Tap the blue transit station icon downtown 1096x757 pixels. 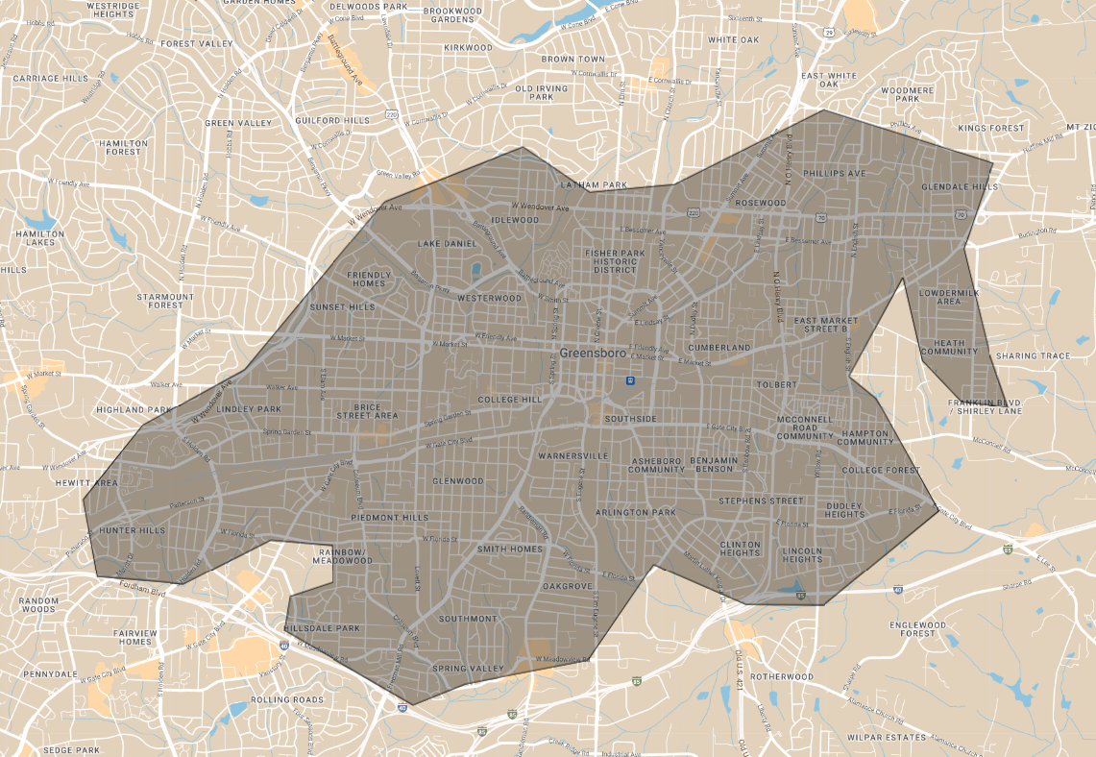point(629,379)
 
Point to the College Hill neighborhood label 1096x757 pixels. point(510,400)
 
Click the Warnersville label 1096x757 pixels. point(573,454)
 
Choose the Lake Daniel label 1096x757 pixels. point(447,244)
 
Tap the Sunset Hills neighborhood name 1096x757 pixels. point(342,307)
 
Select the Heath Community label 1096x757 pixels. point(949,347)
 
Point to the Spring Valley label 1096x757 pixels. point(468,669)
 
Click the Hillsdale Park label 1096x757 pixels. point(322,628)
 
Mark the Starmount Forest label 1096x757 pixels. point(165,301)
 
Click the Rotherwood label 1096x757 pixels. point(781,676)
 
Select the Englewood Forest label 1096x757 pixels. point(912,629)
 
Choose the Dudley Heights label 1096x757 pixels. point(844,508)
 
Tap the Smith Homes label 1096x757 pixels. point(510,549)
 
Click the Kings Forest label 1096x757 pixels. point(990,128)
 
